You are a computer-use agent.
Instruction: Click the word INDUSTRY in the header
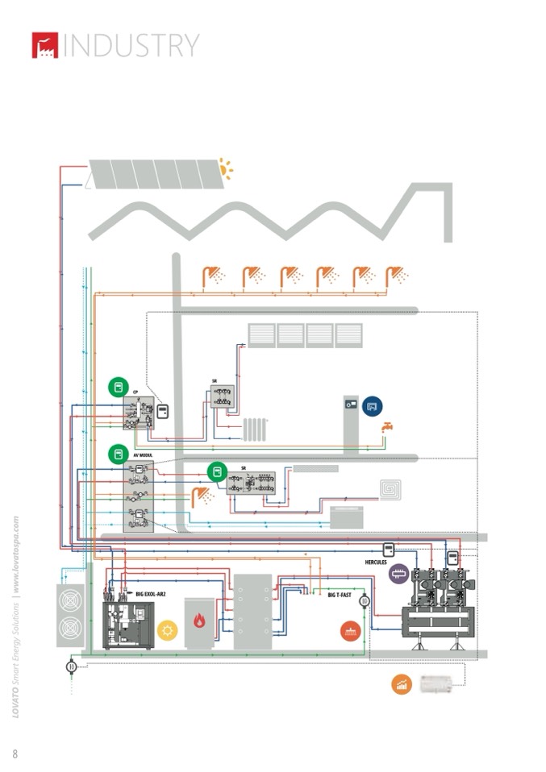click(x=131, y=45)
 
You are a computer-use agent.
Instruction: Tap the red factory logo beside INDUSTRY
click(x=44, y=45)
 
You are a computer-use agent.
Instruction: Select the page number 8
click(x=15, y=753)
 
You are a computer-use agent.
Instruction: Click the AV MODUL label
click(x=141, y=455)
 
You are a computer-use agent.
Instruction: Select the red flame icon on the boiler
click(x=198, y=621)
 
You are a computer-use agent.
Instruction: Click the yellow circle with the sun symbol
click(x=168, y=630)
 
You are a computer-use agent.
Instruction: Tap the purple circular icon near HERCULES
click(x=398, y=574)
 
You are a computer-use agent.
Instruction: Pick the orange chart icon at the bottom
click(x=402, y=685)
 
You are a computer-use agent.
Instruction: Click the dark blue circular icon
click(x=373, y=407)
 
